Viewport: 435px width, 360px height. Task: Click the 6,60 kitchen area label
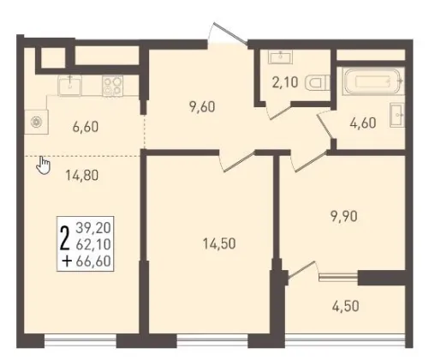coord(86,127)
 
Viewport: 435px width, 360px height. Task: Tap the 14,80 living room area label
coord(82,175)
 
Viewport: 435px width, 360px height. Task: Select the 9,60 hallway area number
coord(202,107)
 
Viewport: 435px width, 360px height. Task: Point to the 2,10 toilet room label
coord(285,82)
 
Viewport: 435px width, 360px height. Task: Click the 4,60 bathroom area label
coord(363,123)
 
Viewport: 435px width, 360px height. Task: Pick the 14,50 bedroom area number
coord(219,243)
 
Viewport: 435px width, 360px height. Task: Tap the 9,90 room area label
coord(344,217)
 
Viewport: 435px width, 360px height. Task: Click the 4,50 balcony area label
coord(346,306)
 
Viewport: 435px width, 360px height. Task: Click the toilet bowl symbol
coord(317,82)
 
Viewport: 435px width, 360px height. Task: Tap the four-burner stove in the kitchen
coord(112,86)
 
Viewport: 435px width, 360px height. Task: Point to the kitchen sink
coord(69,85)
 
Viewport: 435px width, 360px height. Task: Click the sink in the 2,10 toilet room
coord(280,57)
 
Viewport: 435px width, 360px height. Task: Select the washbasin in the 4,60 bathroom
coord(397,115)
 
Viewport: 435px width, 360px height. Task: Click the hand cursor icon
coord(44,165)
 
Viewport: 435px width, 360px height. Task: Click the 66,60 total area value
coord(93,261)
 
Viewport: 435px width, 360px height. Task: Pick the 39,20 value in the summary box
coord(93,228)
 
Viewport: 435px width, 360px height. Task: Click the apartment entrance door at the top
coord(229,33)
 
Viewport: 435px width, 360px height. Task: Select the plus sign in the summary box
coord(67,261)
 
